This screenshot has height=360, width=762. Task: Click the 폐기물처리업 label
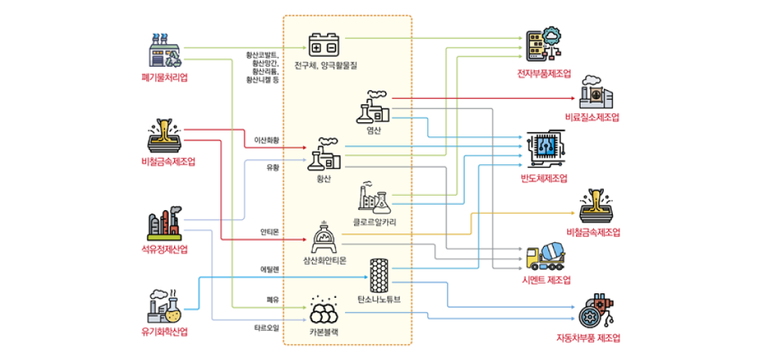[x=163, y=77]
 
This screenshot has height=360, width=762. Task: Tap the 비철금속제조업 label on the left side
[x=163, y=162]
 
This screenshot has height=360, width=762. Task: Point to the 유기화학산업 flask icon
[x=164, y=305]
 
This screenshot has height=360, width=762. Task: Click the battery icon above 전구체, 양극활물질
[x=325, y=44]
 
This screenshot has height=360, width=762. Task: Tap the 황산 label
[x=324, y=178]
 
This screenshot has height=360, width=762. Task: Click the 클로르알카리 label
[x=374, y=222]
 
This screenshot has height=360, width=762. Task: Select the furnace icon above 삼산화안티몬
[x=325, y=238]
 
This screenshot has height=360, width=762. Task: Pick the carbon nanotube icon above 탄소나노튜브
[x=378, y=275]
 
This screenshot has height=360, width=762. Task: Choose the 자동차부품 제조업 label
[x=589, y=337]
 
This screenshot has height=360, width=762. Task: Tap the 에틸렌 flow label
[x=269, y=268]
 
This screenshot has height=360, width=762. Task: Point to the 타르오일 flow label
[x=267, y=328]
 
